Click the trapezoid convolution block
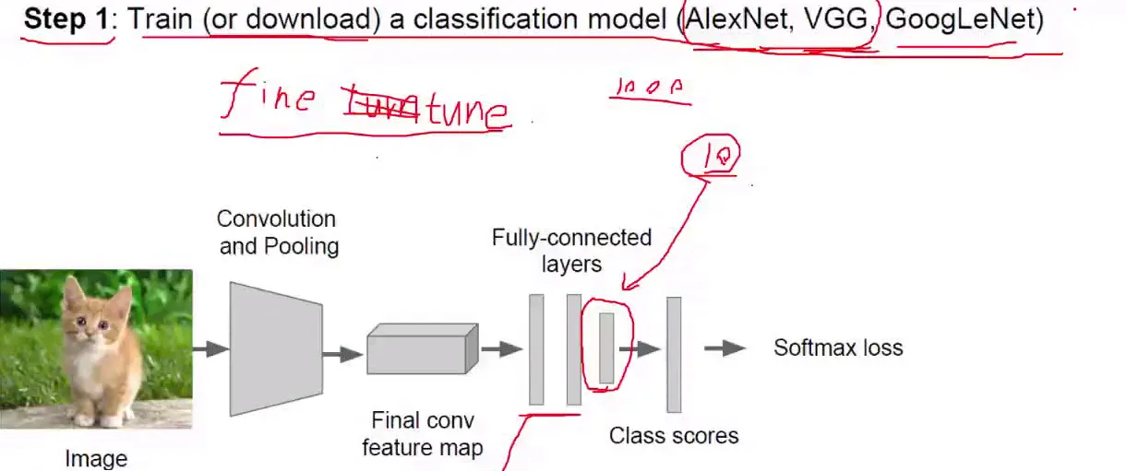tap(275, 348)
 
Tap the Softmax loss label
tap(837, 348)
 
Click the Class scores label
tap(674, 435)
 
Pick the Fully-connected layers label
tap(571, 251)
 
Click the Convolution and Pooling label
tap(277, 232)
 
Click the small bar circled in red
tap(606, 348)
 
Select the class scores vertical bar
tap(674, 354)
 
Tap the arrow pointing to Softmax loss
tap(725, 348)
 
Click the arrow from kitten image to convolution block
tap(210, 348)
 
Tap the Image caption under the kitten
tap(96, 458)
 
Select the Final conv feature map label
tap(422, 434)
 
